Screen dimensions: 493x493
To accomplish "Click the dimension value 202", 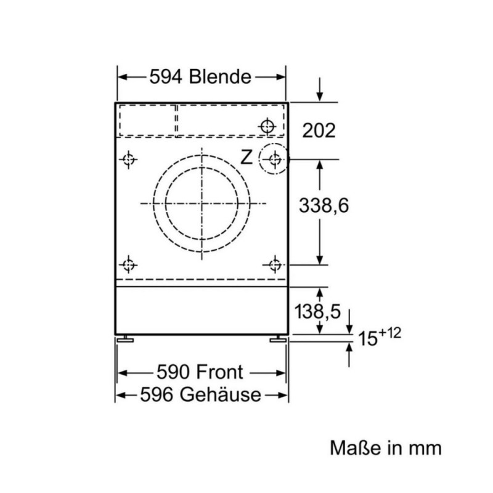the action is (x=319, y=130).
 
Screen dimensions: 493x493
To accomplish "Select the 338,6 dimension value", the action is (x=324, y=206).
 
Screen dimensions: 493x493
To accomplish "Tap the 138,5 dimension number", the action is (x=317, y=312).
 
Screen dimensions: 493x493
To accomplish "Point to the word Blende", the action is (x=220, y=76).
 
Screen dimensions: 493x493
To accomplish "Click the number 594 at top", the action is (x=166, y=76).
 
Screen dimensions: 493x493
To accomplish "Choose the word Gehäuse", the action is (x=221, y=394).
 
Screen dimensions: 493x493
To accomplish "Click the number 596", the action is (x=157, y=394).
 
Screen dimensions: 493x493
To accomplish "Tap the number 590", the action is (x=173, y=372).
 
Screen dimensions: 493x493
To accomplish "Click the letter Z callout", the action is (x=246, y=157).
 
